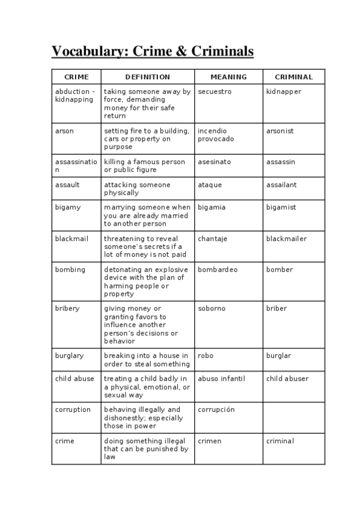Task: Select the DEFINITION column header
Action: [147, 77]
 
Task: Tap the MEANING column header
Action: [228, 77]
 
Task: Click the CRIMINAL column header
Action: [294, 77]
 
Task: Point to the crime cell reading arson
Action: [64, 131]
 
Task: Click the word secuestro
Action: [215, 91]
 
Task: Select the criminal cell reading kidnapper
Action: [284, 91]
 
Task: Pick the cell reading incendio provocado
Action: [216, 135]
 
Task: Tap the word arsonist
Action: [280, 131]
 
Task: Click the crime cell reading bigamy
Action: [67, 207]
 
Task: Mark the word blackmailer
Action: [286, 239]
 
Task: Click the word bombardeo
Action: [218, 270]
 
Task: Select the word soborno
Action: [212, 309]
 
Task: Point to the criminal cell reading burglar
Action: [278, 356]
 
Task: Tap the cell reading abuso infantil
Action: [222, 379]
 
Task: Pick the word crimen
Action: [210, 441]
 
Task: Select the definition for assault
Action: [137, 189]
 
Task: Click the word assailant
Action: [281, 185]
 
